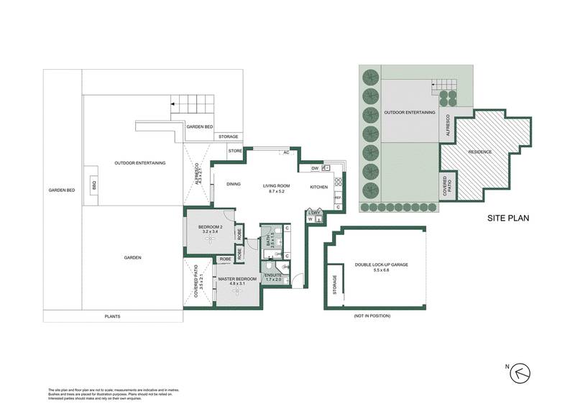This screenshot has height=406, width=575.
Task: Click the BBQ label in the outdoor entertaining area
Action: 93,185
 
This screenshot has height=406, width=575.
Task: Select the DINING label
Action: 234,185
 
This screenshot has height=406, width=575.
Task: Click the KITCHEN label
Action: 318,187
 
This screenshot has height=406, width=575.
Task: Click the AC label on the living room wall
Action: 286,153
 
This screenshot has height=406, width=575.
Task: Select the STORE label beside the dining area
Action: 235,152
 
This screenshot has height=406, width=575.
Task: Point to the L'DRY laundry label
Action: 313,213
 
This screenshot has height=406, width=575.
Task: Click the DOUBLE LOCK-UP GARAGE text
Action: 382,265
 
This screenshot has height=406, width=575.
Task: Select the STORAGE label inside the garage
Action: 333,285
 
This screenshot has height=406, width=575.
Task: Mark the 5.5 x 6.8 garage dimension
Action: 382,271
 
